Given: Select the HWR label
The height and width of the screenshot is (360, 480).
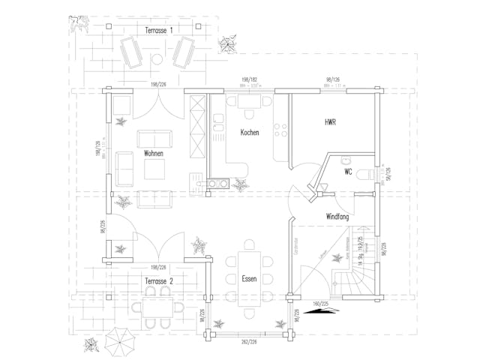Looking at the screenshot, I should click(330, 121).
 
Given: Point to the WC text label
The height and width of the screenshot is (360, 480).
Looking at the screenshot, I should click(348, 172).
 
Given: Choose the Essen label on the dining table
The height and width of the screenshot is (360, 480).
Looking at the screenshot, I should click(249, 278).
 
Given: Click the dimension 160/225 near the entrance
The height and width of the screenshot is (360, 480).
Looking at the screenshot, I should click(320, 304).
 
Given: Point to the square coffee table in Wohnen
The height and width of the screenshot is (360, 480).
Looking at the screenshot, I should click(155, 171).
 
